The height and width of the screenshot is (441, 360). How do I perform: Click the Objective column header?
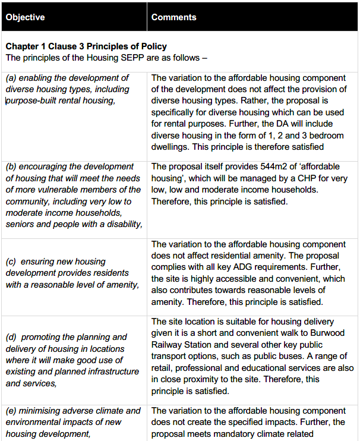[25, 17]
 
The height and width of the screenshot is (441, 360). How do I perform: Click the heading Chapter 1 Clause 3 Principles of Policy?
[86, 46]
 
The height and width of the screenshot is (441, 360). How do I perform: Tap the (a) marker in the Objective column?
[11, 78]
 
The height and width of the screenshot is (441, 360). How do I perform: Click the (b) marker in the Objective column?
[11, 166]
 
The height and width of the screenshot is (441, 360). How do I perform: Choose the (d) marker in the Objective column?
[11, 338]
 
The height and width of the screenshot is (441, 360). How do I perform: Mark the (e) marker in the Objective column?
[11, 411]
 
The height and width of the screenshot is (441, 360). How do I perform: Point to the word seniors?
[22, 224]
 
